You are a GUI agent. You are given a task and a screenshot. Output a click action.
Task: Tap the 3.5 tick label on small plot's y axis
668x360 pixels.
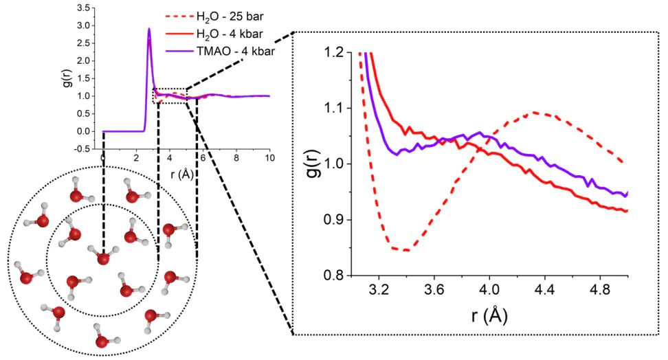tap(85, 8)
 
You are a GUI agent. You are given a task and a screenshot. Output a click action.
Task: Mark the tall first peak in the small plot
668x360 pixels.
tap(149, 30)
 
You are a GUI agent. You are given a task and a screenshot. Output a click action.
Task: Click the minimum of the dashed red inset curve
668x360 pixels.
tap(407, 250)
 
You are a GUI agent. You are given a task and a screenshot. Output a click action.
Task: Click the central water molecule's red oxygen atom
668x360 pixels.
tap(103, 258)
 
